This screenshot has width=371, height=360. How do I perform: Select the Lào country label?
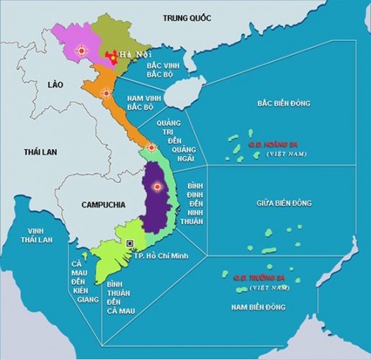[55, 84]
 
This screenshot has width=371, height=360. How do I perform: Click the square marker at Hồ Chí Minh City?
[130, 243]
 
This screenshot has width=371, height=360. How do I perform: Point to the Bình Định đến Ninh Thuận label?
[191, 201]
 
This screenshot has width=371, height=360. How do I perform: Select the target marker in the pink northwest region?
[81, 50]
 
